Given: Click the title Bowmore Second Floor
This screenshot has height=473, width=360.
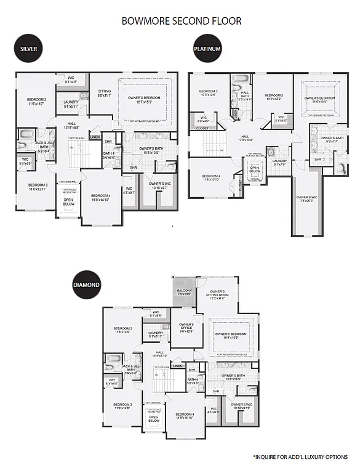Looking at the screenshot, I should pos(182,21).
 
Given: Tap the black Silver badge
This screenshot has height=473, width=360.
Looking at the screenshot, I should pos(28,49).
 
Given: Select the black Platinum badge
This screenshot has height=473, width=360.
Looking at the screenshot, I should pos(207,49).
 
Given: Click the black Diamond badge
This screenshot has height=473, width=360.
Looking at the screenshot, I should pos(87,285).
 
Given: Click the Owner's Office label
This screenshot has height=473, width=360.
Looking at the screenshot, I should pos(186,327).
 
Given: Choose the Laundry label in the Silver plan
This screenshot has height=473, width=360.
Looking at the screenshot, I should pos(71,104).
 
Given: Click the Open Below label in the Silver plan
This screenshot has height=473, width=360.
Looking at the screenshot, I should pos(69,201).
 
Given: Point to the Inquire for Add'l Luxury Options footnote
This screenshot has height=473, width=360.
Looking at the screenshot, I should pos(300,457).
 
